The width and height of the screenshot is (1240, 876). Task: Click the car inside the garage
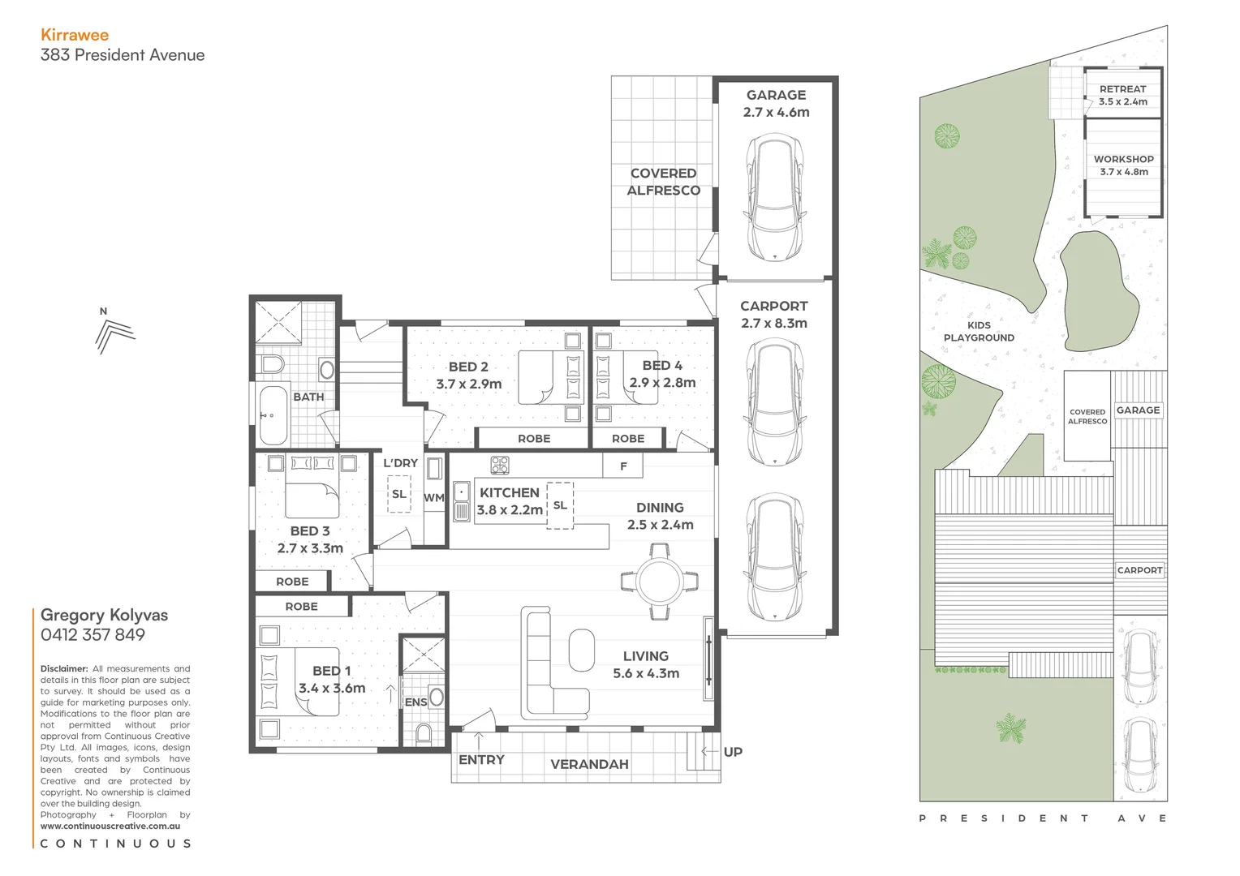pyautogui.click(x=775, y=197)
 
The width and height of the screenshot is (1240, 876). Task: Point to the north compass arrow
pyautogui.click(x=113, y=334)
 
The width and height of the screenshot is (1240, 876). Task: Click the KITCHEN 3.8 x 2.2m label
pyautogui.click(x=510, y=501)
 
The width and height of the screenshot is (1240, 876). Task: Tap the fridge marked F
pyautogui.click(x=623, y=466)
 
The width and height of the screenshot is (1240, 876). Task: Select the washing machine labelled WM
pyautogui.click(x=434, y=497)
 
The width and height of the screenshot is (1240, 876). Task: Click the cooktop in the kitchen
pyautogui.click(x=500, y=466)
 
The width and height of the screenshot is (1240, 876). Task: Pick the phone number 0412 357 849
pyautogui.click(x=93, y=635)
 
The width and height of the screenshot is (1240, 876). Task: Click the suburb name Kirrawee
pyautogui.click(x=75, y=35)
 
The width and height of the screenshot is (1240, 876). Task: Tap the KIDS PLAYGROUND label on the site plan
pyautogui.click(x=979, y=331)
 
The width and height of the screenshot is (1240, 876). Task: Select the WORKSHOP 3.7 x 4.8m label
pyautogui.click(x=1124, y=165)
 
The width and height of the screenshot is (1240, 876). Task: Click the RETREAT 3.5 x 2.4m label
pyautogui.click(x=1123, y=95)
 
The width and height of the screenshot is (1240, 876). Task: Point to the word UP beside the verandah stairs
pyautogui.click(x=733, y=752)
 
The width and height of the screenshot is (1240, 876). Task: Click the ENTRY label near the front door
pyautogui.click(x=481, y=760)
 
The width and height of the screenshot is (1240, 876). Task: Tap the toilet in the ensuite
pyautogui.click(x=424, y=733)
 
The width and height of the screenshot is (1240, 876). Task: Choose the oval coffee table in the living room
pyautogui.click(x=582, y=650)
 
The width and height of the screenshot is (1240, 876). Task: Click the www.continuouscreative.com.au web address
pyautogui.click(x=110, y=826)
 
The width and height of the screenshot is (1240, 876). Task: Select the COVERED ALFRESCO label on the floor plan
pyautogui.click(x=663, y=182)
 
